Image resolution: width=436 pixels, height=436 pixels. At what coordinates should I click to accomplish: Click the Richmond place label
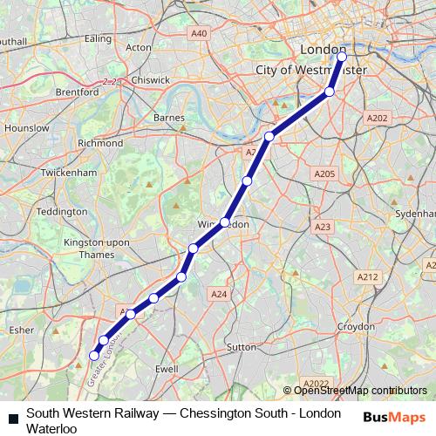pos(100,143)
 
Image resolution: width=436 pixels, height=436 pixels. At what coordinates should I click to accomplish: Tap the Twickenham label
pos(68,174)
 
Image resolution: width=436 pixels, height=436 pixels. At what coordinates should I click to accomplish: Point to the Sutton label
pos(240,347)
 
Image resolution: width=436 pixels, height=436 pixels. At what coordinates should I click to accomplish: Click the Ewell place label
pos(166,370)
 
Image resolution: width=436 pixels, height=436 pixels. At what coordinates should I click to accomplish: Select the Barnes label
pos(168,117)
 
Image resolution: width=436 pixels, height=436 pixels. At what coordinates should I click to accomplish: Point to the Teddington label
pos(63,212)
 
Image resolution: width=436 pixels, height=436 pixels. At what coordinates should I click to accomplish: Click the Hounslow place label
pos(26,127)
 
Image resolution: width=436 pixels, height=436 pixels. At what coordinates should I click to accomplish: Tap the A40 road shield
pos(200,33)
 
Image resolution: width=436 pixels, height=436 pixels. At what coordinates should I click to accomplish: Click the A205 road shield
pos(324,174)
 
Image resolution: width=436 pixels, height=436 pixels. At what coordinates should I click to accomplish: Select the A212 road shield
pos(367,276)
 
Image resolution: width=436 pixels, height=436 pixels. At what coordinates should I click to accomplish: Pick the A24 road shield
pos(219,295)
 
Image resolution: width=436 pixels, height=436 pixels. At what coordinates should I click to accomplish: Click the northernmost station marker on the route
pos(342,58)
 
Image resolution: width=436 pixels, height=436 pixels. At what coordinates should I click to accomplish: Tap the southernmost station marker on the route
pos(94,355)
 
